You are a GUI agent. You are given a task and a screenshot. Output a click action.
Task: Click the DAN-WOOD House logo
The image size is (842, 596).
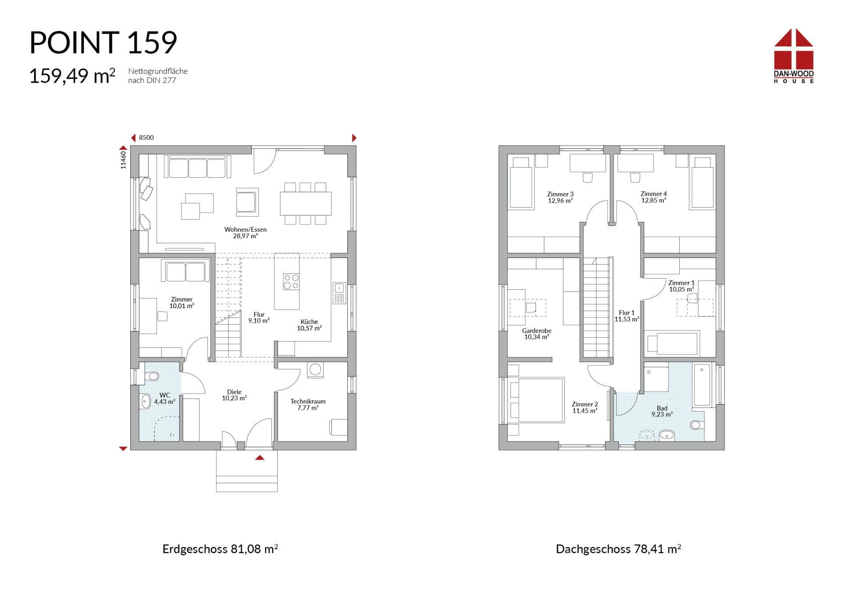coord(793,56)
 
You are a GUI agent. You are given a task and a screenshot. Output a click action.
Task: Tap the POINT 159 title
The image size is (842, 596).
coord(103,43)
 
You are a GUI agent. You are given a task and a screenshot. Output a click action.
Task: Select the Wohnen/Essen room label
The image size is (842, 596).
coord(245,233)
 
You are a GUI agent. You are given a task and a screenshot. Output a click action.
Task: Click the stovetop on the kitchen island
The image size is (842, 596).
coord(291,281)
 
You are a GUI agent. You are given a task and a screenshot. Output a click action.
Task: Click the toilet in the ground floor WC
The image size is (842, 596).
coord(152,376)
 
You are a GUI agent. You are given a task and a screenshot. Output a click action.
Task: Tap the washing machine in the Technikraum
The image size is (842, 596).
coord(315,369)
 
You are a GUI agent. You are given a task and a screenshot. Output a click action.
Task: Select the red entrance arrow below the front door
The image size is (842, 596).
coord(260,458)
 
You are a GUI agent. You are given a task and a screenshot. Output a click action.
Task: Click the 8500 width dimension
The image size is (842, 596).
coord(146,137)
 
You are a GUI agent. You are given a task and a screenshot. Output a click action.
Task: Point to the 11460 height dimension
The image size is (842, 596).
coord(123,160)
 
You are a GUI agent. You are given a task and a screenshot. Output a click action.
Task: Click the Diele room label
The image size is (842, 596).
coord(234,395)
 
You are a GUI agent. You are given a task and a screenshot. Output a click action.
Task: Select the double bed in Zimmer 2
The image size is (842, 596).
coord(537,400)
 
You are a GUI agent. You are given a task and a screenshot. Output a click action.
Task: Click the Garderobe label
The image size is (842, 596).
coord(536,334)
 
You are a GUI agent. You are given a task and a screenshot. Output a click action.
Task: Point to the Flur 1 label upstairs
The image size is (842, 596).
coord(627,316)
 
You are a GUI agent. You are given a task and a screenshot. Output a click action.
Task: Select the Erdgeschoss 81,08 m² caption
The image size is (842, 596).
coord(220,549)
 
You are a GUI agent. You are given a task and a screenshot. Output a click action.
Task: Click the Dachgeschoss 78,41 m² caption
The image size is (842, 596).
coord(618,549)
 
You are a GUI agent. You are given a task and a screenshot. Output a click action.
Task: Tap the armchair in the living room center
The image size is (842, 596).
coord(247,202)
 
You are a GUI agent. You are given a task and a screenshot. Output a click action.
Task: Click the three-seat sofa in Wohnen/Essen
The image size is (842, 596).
coord(197,167)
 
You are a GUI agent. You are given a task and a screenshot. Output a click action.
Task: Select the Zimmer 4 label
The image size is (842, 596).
coord(653,197)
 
